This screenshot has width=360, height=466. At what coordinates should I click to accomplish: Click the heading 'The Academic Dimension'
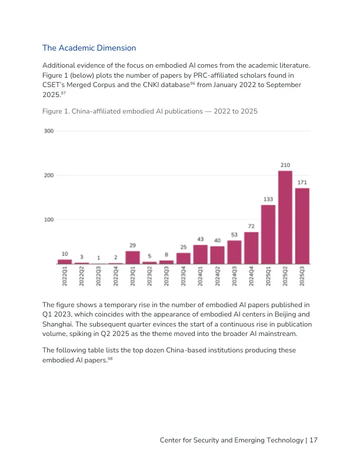pyautogui.click(x=89, y=48)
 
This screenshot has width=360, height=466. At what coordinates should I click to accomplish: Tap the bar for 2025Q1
pyautogui.click(x=268, y=234)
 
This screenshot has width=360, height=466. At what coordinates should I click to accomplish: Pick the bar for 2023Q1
pyautogui.click(x=133, y=257)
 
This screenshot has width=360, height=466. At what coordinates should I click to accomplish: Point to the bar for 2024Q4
pyautogui.click(x=251, y=247)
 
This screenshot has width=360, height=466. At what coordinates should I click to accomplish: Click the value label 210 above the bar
pyautogui.click(x=285, y=165)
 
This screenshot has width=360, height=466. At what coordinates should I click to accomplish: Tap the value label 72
pyautogui.click(x=251, y=226)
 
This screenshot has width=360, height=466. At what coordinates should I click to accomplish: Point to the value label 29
pyautogui.click(x=133, y=245)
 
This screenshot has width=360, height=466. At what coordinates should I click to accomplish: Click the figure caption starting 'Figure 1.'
pyautogui.click(x=150, y=111)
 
